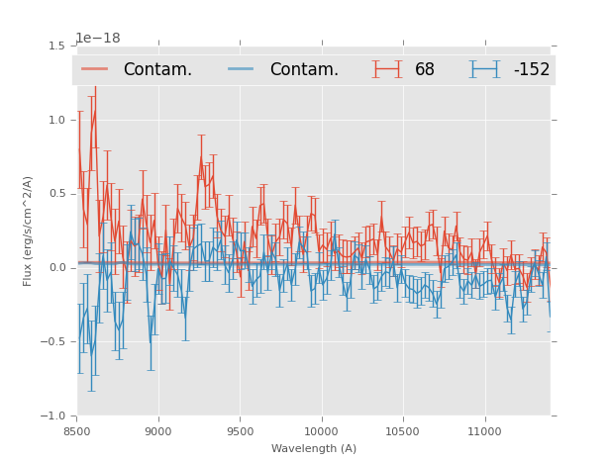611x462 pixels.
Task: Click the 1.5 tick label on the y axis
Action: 56,46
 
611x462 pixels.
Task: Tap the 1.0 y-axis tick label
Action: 56,120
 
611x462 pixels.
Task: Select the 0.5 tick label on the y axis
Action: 56,194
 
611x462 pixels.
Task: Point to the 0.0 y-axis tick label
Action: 56,268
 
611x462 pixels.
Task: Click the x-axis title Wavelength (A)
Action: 314,448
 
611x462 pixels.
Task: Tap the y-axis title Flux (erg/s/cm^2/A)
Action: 28,231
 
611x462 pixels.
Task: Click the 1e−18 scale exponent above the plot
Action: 97,39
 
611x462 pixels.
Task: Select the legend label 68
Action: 425,69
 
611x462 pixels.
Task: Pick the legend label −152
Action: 531,69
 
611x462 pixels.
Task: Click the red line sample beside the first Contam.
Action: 95,69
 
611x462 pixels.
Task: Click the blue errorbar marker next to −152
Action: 485,69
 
